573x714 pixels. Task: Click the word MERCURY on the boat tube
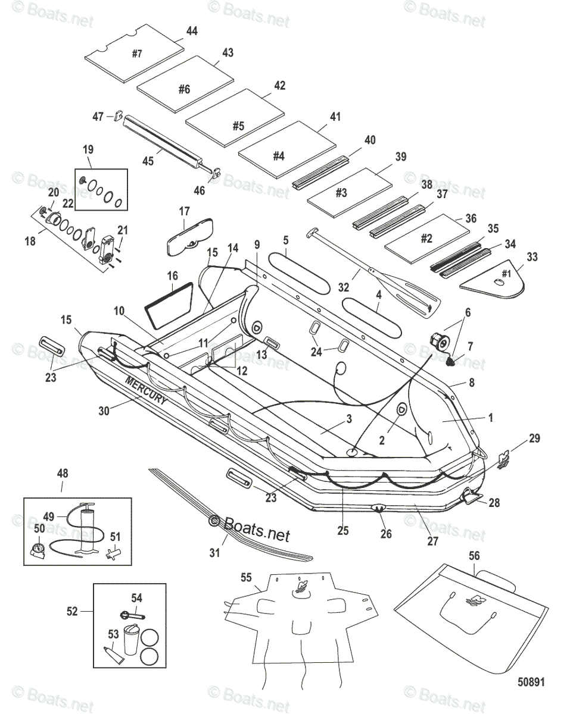(146, 391)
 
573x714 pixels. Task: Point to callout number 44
(192, 30)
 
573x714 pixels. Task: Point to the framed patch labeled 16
(169, 305)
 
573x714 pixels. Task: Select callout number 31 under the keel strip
(214, 553)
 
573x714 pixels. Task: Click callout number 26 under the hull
(386, 534)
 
